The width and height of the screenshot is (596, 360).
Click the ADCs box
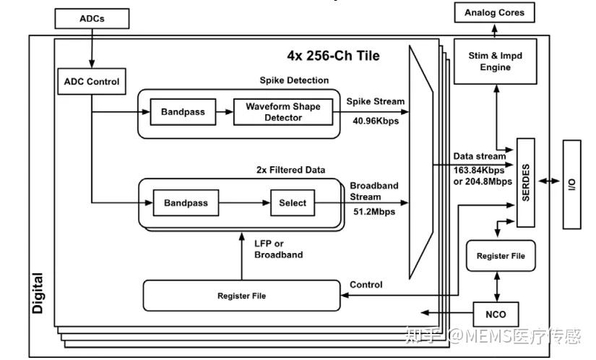(92, 19)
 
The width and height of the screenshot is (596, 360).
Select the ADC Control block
(92, 82)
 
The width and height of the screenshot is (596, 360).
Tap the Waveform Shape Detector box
(283, 112)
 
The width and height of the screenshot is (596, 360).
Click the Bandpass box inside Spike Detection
(183, 112)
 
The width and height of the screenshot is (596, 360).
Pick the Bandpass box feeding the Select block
(186, 202)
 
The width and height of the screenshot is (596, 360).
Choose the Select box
(293, 202)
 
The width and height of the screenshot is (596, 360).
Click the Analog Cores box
(495, 12)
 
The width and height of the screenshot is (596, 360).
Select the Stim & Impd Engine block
(496, 61)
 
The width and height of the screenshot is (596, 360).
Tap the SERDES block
(526, 183)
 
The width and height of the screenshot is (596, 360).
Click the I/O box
(571, 185)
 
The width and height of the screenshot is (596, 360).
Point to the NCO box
(496, 314)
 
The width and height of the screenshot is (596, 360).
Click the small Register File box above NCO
(501, 256)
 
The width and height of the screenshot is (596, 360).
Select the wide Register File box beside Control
(241, 296)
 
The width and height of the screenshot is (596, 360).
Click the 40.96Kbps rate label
(376, 121)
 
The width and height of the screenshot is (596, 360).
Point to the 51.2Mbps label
(374, 212)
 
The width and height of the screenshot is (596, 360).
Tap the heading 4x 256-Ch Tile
(333, 56)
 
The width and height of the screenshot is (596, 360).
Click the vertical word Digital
(38, 293)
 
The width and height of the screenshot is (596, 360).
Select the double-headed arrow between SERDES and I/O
(549, 181)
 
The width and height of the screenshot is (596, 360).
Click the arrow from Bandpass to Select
(244, 202)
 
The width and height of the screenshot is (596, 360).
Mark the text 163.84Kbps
(478, 170)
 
